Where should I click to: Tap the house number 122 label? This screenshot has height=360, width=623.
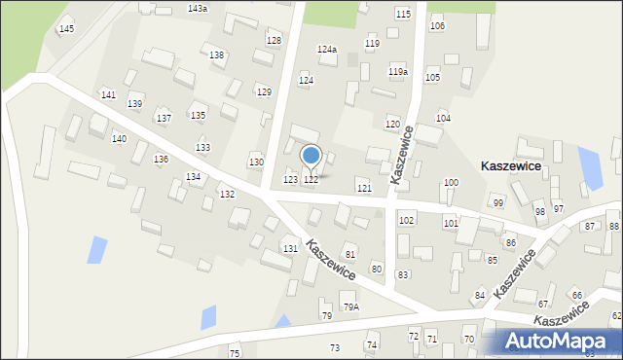tap(311, 180)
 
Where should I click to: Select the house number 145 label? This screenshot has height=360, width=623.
tap(66, 29)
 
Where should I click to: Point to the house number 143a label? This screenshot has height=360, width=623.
tap(198, 8)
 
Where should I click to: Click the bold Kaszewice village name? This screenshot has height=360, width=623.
tap(512, 166)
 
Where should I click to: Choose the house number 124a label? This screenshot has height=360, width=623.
tap(327, 49)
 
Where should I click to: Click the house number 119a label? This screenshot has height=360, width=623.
tap(398, 72)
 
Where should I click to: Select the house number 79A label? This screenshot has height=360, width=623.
tap(350, 307)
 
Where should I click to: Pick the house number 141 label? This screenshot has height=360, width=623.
tap(108, 94)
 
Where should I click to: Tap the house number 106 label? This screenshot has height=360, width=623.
tap(437, 25)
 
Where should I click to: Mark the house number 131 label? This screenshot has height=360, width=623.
tap(290, 249)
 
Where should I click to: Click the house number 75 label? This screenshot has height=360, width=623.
tap(234, 352)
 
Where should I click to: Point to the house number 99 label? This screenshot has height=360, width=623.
tap(498, 202)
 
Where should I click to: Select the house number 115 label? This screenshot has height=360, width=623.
tap(403, 14)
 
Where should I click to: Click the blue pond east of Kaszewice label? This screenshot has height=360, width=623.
tap(590, 167)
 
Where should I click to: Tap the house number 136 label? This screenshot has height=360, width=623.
tap(161, 159)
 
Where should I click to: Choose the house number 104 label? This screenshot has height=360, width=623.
tap(443, 118)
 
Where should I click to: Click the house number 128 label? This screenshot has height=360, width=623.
tap(274, 41)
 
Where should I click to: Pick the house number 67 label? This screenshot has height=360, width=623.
tap(543, 304)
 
